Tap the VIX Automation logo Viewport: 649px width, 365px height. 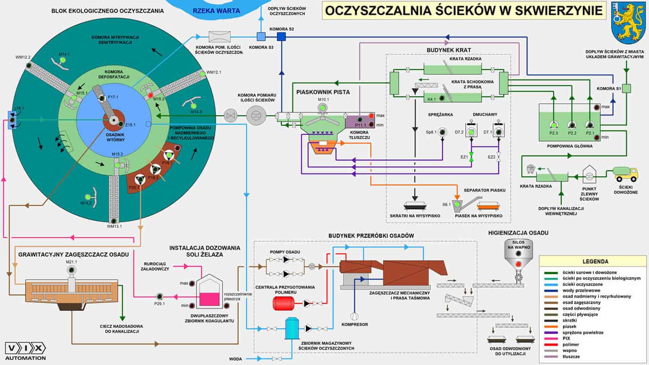click(25, 351)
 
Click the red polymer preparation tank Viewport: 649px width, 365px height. click(283, 303)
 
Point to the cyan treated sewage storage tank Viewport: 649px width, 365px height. click(292, 328)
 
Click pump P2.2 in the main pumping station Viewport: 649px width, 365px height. click(571, 125)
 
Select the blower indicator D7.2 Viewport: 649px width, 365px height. click(471, 132)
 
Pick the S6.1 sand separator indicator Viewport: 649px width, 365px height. click(458, 204)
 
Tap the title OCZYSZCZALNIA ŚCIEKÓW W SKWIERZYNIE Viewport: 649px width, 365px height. click(464, 10)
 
